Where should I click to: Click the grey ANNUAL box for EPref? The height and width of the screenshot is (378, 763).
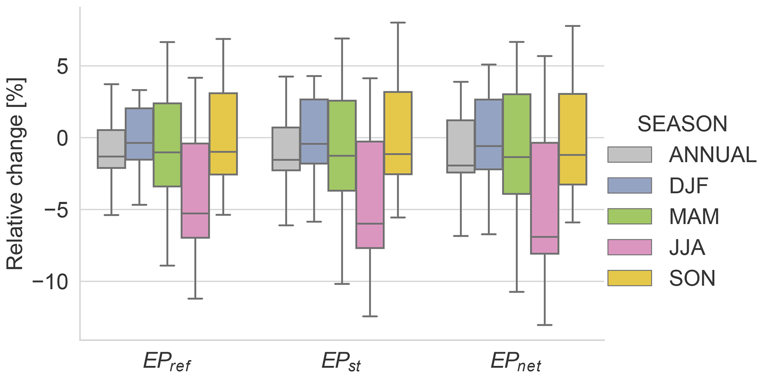coord(111,149)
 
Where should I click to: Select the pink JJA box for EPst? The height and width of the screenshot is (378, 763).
coord(370,195)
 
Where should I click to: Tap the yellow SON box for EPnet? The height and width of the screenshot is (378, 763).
coord(573,139)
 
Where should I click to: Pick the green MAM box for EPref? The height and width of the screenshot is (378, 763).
coord(167,145)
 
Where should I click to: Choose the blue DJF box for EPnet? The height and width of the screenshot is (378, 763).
coord(489,134)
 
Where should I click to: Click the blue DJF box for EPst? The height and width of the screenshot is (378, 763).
coord(314,131)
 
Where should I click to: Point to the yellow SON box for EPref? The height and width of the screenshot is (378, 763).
coord(223,134)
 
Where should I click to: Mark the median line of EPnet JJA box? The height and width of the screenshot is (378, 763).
coord(544,237)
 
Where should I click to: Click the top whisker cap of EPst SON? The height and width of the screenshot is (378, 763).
coord(398,23)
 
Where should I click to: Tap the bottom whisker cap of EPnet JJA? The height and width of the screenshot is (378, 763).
coord(544,325)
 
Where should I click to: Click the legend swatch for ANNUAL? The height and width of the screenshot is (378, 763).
coord(629,155)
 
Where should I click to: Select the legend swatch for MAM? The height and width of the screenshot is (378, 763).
coord(629,216)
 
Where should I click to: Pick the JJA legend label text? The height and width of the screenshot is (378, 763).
coord(687,248)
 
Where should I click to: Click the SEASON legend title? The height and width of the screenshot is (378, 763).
coord(682,124)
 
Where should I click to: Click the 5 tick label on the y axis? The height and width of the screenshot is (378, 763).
coord(63,66)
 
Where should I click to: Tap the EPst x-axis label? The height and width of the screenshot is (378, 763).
coord(341,362)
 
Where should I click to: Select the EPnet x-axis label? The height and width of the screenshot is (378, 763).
coord(516,362)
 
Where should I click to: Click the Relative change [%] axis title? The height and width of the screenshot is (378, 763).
coord(16,173)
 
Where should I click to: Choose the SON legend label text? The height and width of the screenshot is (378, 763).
coord(692,278)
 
